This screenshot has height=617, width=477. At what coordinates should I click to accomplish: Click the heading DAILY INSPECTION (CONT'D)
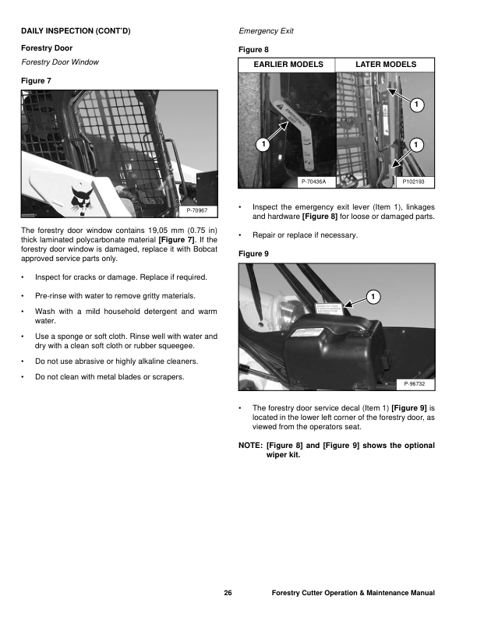click(75, 32)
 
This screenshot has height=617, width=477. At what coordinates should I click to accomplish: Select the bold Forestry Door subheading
click(46, 48)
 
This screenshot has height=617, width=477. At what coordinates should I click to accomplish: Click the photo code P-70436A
click(313, 182)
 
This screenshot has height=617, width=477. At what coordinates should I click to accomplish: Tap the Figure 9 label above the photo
click(253, 253)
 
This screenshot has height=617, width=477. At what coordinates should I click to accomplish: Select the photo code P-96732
click(417, 384)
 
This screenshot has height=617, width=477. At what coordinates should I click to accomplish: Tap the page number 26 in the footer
click(228, 594)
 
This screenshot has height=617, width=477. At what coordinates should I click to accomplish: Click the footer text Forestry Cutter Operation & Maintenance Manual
click(352, 594)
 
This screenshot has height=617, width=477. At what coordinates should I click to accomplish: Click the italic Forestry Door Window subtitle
click(59, 62)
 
